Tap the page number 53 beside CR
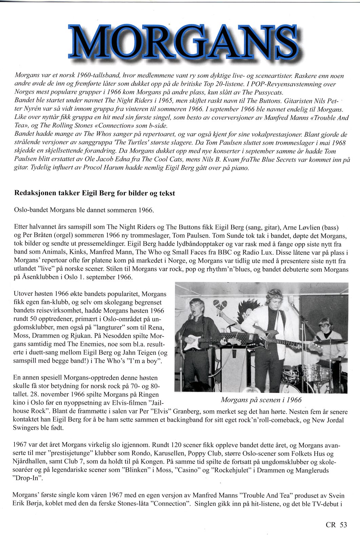(343, 524)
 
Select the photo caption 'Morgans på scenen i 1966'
(261, 400)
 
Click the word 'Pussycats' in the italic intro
(271, 92)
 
